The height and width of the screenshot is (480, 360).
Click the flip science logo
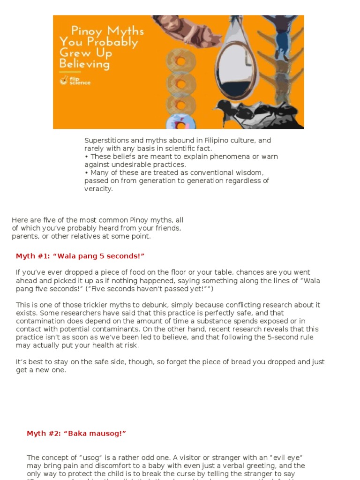click(75, 81)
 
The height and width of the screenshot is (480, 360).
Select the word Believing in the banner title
click(84, 64)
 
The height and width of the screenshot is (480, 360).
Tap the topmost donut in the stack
click(180, 60)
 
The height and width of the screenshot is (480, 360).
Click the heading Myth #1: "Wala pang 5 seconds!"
click(80, 256)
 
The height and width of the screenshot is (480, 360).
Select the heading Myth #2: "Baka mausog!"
click(76, 434)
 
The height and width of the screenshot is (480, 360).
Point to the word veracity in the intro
click(98, 189)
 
